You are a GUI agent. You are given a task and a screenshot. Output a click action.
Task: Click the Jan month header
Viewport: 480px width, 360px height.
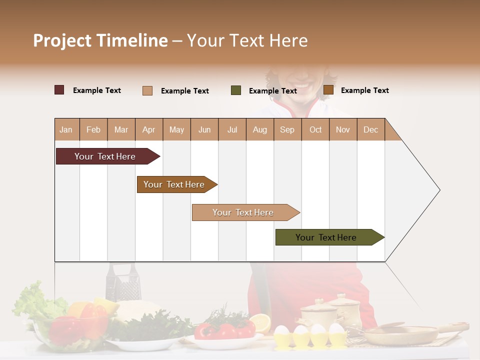coord(66,129)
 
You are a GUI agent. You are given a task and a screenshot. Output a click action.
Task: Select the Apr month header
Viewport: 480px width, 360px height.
coord(149,129)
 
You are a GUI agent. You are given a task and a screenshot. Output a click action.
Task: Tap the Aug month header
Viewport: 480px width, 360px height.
coord(259,129)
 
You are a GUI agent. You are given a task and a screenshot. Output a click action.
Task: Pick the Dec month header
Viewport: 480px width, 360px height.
coord(370,129)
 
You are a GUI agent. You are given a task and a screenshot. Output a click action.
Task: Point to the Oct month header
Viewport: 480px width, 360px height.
coord(315,129)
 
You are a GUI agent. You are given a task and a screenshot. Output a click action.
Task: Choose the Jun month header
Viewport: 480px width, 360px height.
coord(204,129)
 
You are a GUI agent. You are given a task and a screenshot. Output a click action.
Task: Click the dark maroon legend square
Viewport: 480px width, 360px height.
coord(59,90)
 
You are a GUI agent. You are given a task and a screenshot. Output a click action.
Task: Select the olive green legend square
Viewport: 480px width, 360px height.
coord(236,90)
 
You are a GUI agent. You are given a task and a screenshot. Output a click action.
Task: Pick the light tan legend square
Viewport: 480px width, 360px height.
coord(147,90)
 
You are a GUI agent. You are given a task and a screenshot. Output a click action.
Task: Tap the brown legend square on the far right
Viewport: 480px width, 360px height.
coord(328,90)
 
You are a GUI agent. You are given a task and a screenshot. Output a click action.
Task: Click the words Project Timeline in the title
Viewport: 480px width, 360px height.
coord(100,40)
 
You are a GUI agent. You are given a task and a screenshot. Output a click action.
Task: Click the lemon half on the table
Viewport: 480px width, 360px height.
coord(260,322)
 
